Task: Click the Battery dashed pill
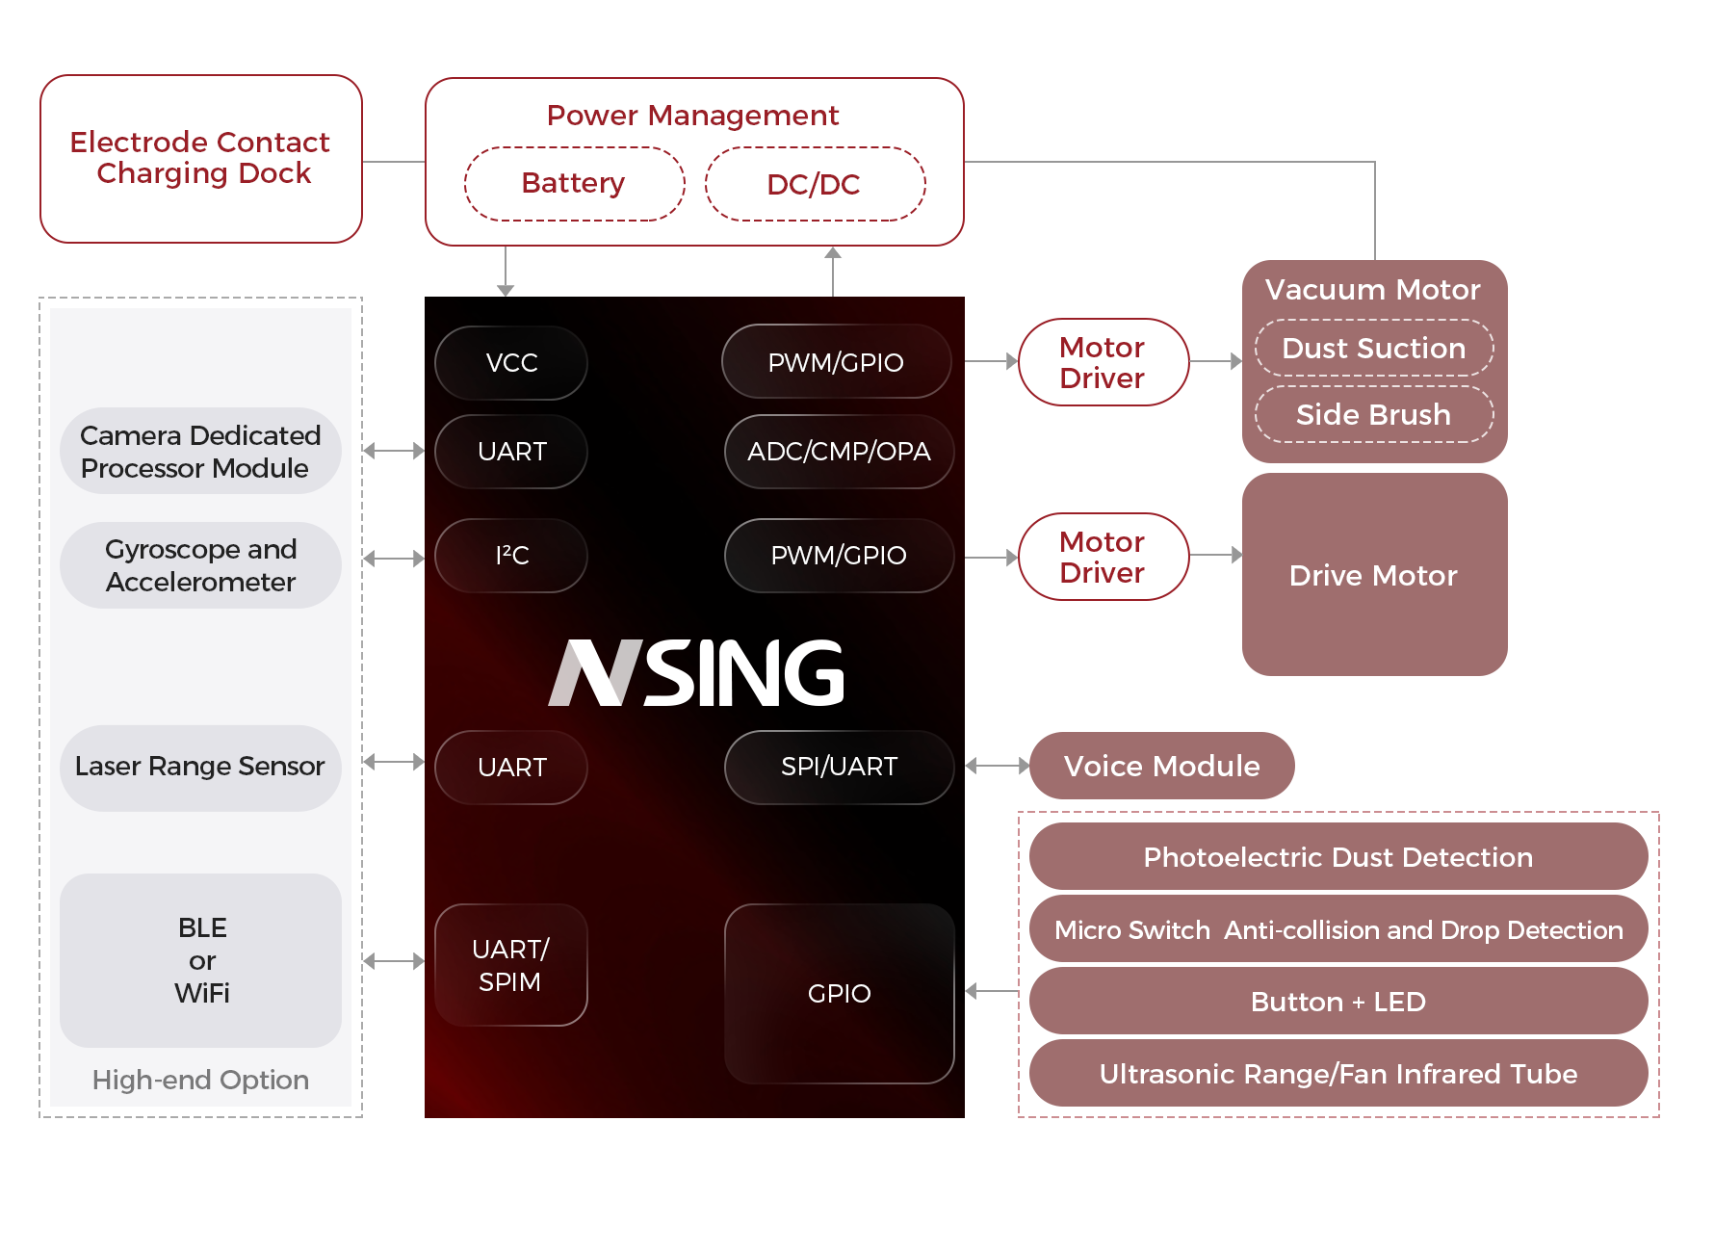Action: [574, 184]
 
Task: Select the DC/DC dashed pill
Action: [815, 184]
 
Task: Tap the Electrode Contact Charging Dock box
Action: [201, 159]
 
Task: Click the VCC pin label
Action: [511, 363]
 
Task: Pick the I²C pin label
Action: [511, 556]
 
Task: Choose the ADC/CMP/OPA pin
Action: [839, 452]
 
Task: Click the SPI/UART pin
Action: [839, 767]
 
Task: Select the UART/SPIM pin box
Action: [511, 965]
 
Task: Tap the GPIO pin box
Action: [839, 993]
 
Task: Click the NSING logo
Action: [695, 673]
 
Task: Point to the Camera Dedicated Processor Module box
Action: [200, 452]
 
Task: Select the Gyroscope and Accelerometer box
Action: [200, 565]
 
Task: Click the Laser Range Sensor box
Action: [200, 767]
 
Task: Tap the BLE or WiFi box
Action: [201, 960]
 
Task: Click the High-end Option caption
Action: [200, 1080]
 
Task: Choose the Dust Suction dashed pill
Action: [1374, 348]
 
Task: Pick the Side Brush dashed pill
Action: [1374, 414]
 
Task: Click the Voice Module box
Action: [1161, 766]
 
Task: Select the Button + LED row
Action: [1337, 1002]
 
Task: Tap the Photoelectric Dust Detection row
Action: [1337, 857]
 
